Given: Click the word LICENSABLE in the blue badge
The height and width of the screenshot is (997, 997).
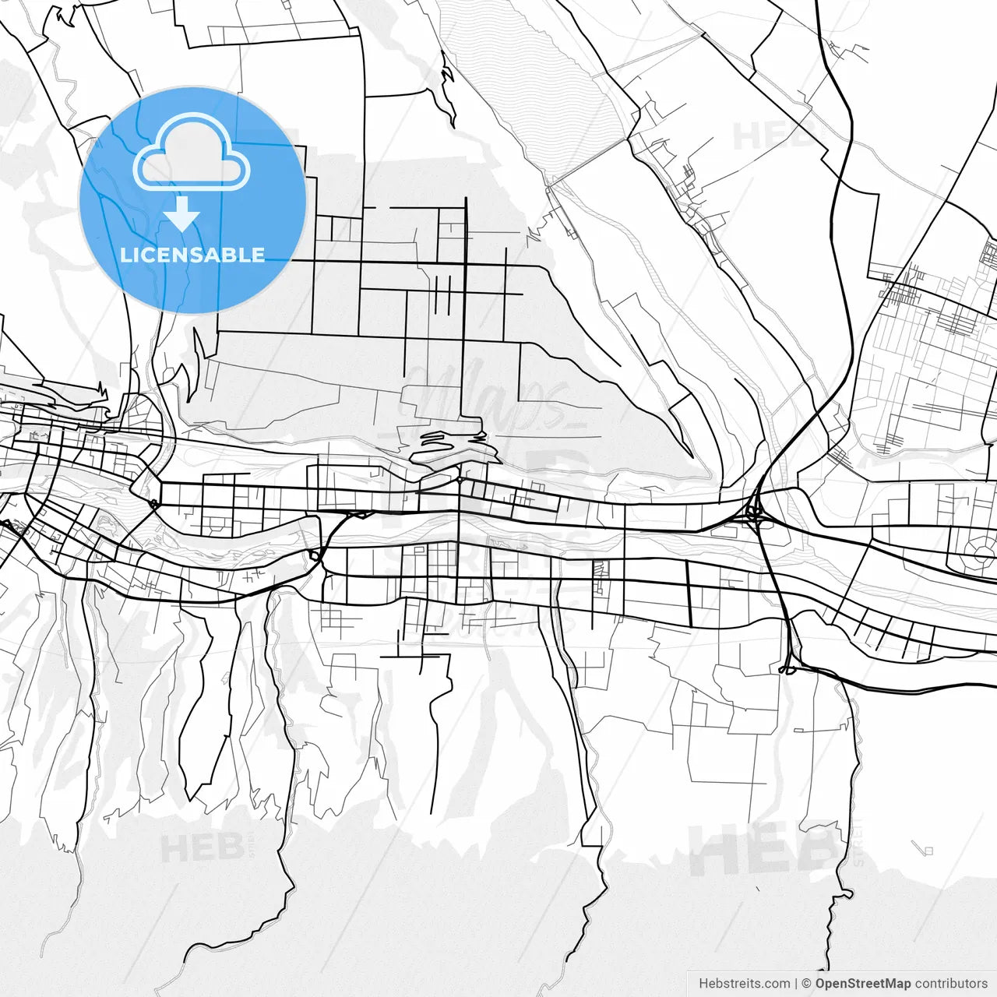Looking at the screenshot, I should tap(192, 255).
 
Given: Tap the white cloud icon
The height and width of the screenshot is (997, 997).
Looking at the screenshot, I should tap(192, 153).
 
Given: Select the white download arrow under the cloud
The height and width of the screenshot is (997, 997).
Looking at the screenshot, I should tap(181, 213).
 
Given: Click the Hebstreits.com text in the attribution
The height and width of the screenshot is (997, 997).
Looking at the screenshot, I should tap(744, 984).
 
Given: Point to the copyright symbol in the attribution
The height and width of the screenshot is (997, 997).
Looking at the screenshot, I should tap(807, 984).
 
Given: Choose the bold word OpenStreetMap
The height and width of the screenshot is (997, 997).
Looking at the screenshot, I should tap(862, 984).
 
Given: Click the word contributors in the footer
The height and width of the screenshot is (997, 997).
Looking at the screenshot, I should tap(951, 984).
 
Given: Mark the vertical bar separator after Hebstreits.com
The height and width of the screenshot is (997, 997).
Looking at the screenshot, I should tap(795, 984).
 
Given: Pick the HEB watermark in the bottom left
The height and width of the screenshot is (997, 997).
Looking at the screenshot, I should tap(202, 848).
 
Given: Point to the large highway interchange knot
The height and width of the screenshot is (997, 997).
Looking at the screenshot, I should tap(753, 513).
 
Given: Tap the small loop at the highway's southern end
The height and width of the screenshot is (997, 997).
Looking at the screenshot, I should tap(787, 669).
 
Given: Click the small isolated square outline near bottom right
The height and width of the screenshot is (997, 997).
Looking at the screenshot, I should tap(927, 850).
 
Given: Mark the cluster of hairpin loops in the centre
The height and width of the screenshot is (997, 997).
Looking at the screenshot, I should tap(448, 446).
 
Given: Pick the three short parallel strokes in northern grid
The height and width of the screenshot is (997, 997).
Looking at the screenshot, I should tap(442, 295).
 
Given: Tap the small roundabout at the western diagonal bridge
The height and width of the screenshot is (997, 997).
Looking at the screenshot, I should tap(153, 505).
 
